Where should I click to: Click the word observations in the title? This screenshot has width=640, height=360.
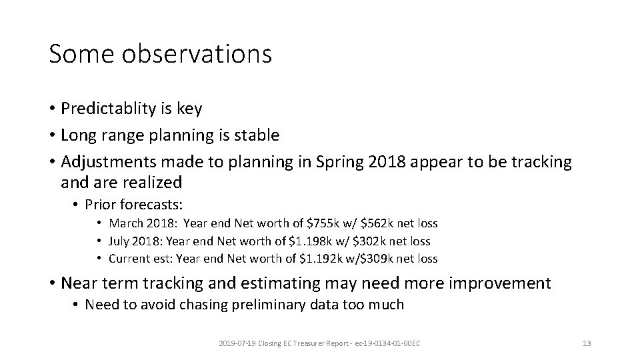(x=198, y=53)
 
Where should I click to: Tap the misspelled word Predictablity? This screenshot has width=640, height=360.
(x=110, y=108)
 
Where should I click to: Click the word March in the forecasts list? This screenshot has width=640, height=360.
(x=124, y=223)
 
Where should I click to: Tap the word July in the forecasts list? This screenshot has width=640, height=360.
(x=119, y=241)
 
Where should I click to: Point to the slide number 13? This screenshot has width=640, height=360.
(x=587, y=343)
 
